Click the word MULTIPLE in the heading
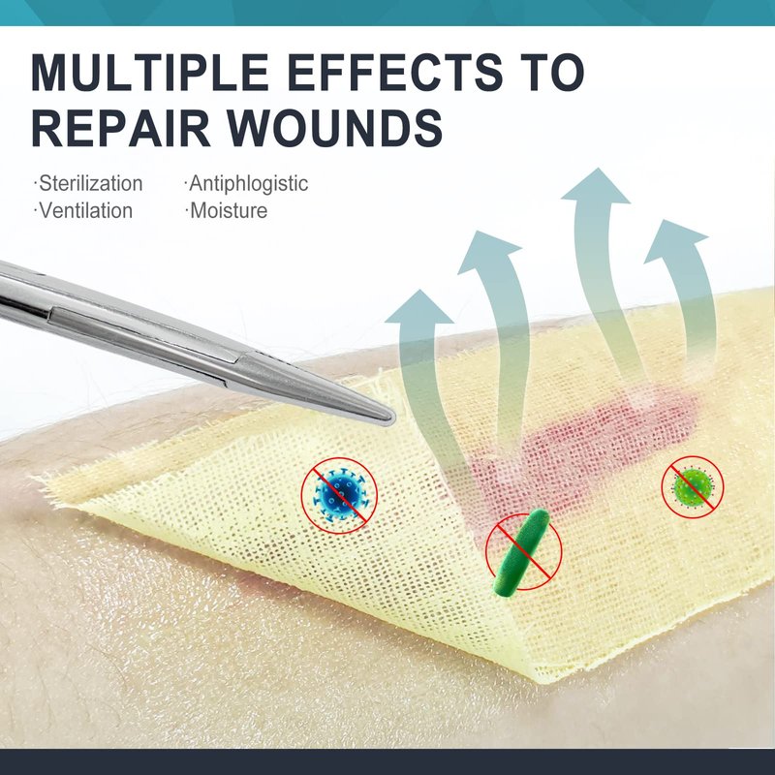pyautogui.click(x=150, y=72)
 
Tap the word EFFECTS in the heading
pyautogui.click(x=394, y=72)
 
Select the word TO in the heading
pyautogui.click(x=549, y=72)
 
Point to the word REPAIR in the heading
pyautogui.click(x=122, y=128)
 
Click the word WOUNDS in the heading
pyautogui.click(x=334, y=128)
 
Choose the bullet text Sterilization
pyautogui.click(x=90, y=183)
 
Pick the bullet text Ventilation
pyautogui.click(x=85, y=210)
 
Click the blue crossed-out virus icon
pyautogui.click(x=340, y=495)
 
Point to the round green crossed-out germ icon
pyautogui.click(x=693, y=486)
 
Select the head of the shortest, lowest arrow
pyautogui.click(x=419, y=307)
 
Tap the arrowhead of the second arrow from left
pyautogui.click(x=489, y=252)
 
